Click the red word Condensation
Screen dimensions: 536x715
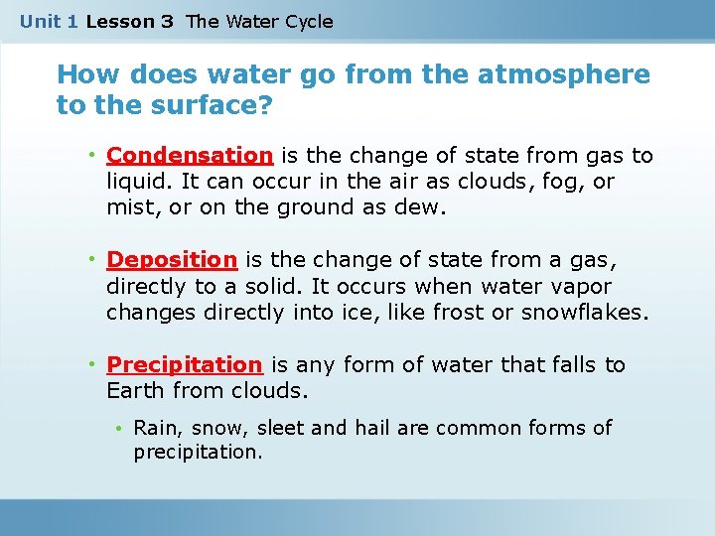pyautogui.click(x=190, y=156)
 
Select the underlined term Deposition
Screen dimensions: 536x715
pyautogui.click(x=172, y=260)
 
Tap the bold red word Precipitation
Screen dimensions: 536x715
pyautogui.click(x=184, y=365)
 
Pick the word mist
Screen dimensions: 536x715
pyautogui.click(x=128, y=207)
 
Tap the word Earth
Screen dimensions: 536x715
pyautogui.click(x=136, y=391)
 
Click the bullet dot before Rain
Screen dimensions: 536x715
pyautogui.click(x=117, y=429)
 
